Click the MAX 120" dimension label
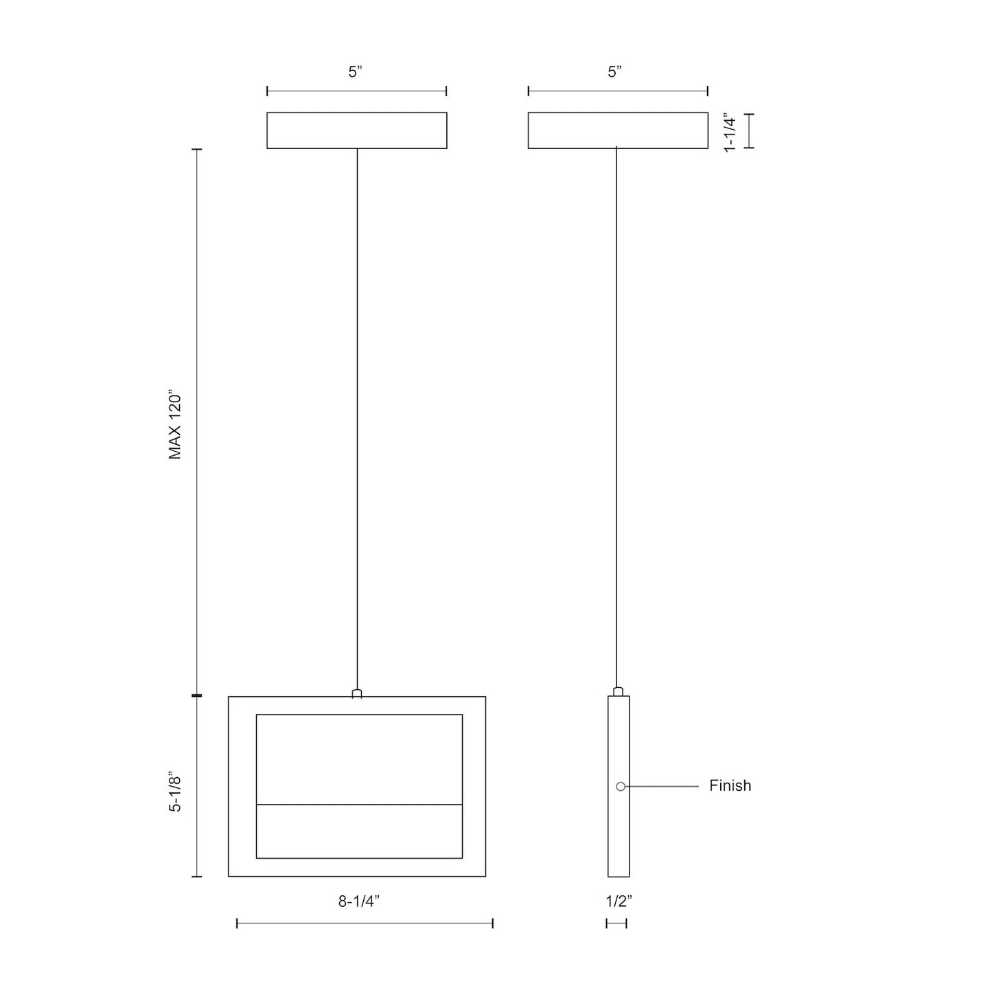pyautogui.click(x=176, y=426)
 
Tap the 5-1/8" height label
pyautogui.click(x=176, y=794)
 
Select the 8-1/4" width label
pyautogui.click(x=359, y=901)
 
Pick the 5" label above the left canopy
pyautogui.click(x=355, y=72)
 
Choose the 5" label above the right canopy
pyautogui.click(x=614, y=72)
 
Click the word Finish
pyautogui.click(x=730, y=785)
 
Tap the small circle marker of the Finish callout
pyautogui.click(x=621, y=786)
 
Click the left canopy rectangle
pyautogui.click(x=357, y=130)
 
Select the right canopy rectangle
pyautogui.click(x=618, y=130)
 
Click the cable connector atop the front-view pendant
pyautogui.click(x=357, y=693)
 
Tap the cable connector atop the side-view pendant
pyautogui.click(x=618, y=691)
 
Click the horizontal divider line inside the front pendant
pyautogui.click(x=359, y=804)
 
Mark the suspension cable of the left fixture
pyautogui.click(x=357, y=412)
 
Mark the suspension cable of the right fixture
pyautogui.click(x=616, y=412)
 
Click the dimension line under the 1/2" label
pyautogui.click(x=616, y=924)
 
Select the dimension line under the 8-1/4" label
pyautogui.click(x=365, y=924)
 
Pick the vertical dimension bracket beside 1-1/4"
pyautogui.click(x=749, y=130)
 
